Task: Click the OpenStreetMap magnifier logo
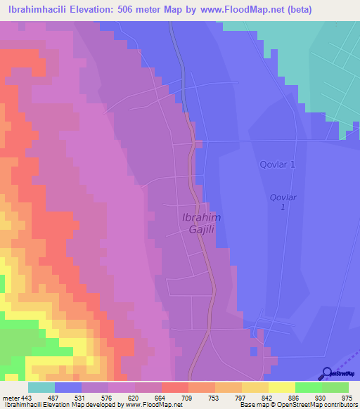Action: [327, 373]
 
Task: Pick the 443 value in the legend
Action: [27, 397]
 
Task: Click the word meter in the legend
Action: [10, 397]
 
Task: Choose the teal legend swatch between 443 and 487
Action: [41, 387]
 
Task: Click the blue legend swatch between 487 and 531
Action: [67, 387]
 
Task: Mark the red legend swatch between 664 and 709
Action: [175, 387]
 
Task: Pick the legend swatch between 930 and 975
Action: [335, 387]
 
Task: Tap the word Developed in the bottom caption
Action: [103, 405]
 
